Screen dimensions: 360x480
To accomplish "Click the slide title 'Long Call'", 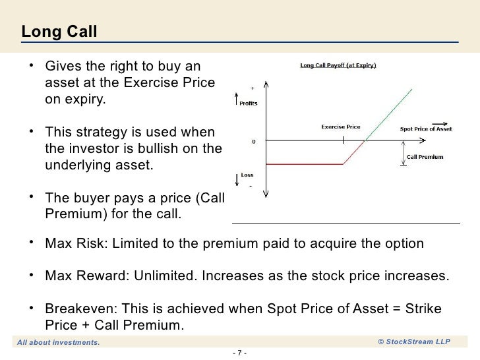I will [x=59, y=31].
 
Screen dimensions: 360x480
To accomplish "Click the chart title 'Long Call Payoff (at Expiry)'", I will [x=338, y=65].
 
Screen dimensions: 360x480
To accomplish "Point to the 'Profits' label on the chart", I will [x=249, y=104].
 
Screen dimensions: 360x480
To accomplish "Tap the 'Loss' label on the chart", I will [x=247, y=176].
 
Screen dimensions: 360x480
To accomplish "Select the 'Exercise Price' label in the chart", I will [x=340, y=125].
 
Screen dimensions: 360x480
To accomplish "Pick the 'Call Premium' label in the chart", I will [x=425, y=157].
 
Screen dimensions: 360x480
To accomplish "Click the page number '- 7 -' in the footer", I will [x=240, y=351].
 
